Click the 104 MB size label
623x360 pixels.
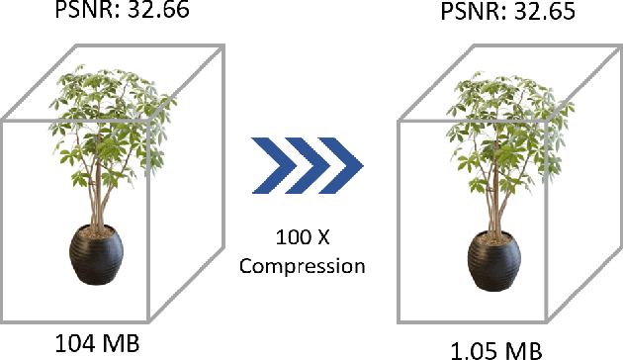tap(97, 344)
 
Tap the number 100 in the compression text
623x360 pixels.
tap(293, 239)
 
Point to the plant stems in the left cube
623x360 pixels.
tap(99, 193)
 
